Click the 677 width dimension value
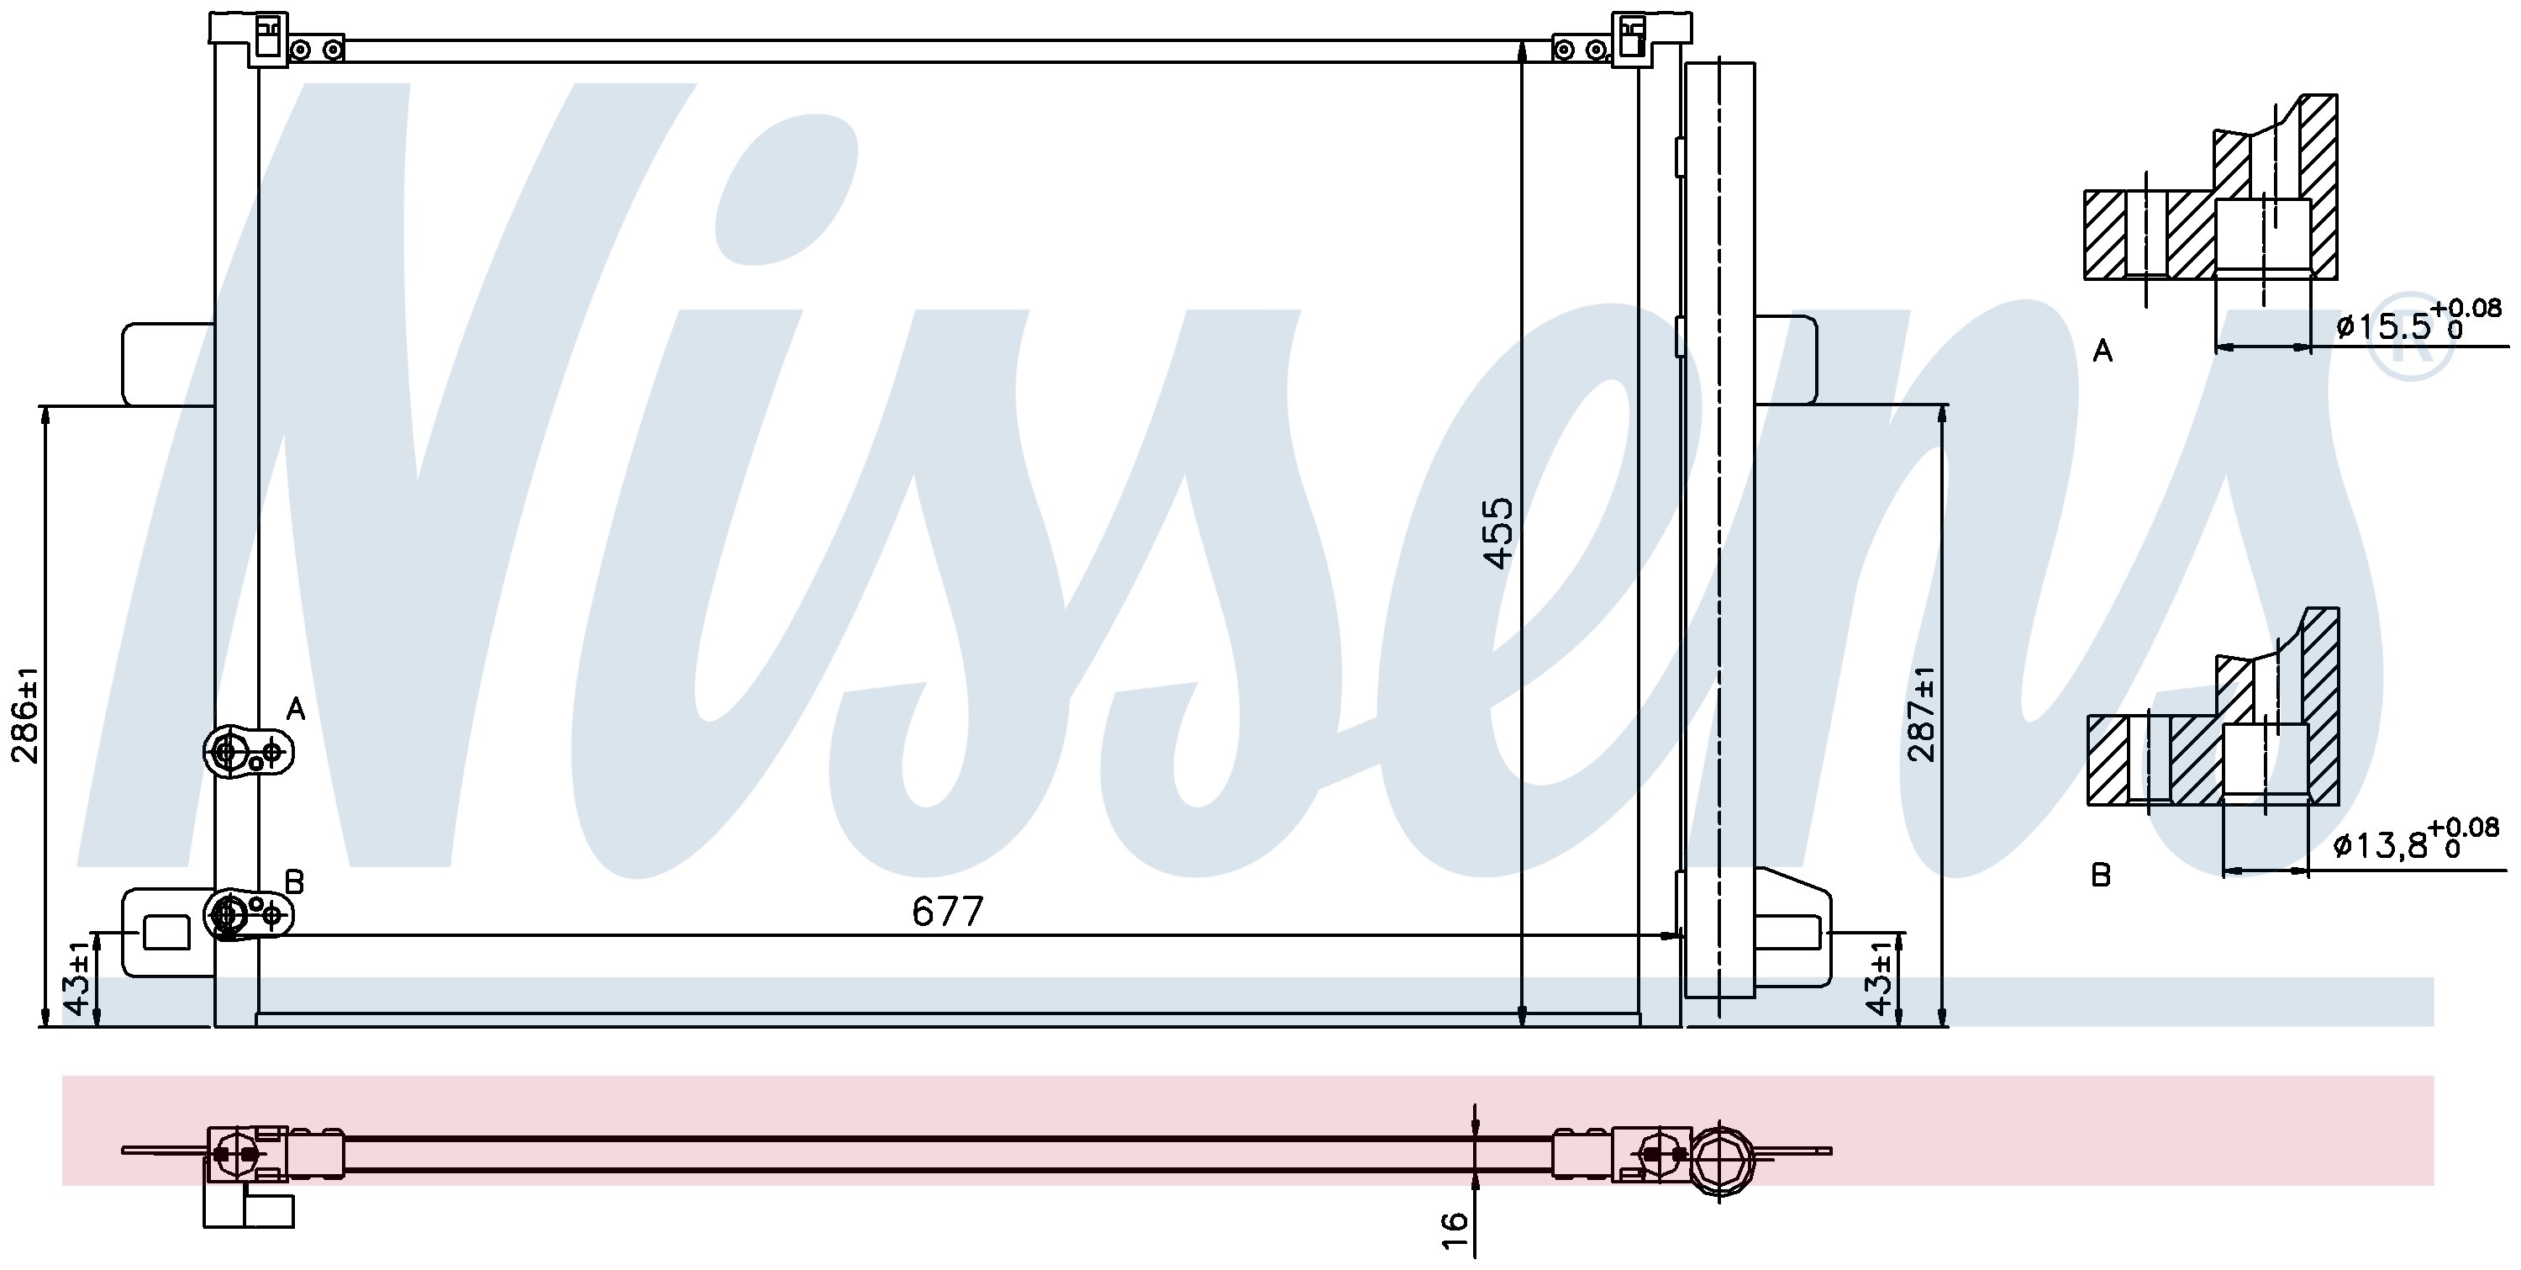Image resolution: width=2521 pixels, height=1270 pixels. [946, 912]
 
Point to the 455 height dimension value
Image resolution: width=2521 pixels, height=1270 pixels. [1498, 532]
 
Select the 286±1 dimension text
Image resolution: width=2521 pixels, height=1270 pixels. [24, 716]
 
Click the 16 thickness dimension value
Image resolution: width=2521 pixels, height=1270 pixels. [1456, 1220]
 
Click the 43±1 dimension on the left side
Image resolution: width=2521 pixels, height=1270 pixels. [78, 979]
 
